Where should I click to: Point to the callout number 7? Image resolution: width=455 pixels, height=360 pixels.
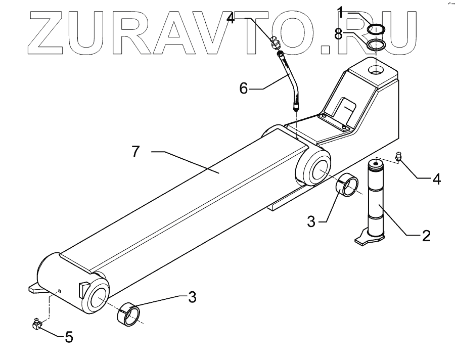(135, 152)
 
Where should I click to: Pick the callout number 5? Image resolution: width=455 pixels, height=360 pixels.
(69, 336)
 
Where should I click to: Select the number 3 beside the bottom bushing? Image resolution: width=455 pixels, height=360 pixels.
(192, 298)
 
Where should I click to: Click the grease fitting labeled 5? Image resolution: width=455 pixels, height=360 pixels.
(36, 324)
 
